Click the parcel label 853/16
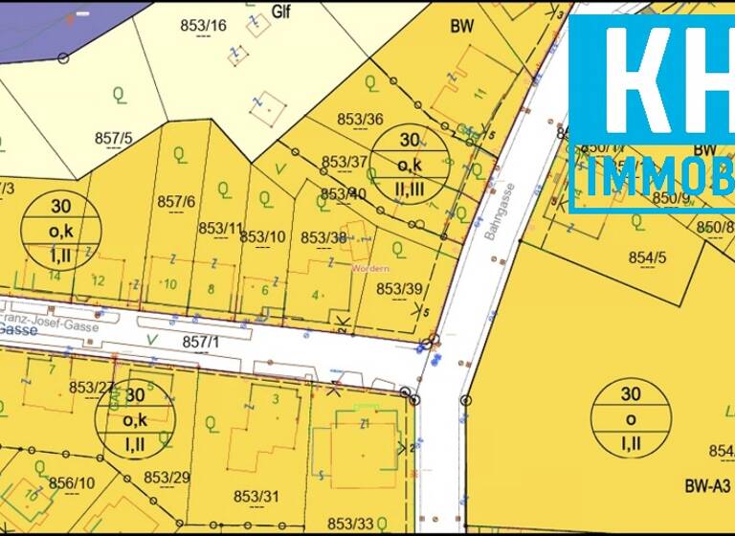(x=203, y=26)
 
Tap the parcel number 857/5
(x=113, y=138)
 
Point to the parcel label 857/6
(x=176, y=201)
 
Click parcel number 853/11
(x=221, y=228)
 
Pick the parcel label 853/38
(x=324, y=237)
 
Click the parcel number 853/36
(x=361, y=120)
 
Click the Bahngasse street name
(x=501, y=210)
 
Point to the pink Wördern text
(x=369, y=268)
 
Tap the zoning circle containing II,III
(x=410, y=164)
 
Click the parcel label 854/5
(x=647, y=258)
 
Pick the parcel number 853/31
(x=256, y=495)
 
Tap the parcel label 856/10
(x=71, y=484)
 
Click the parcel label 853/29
(x=167, y=477)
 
